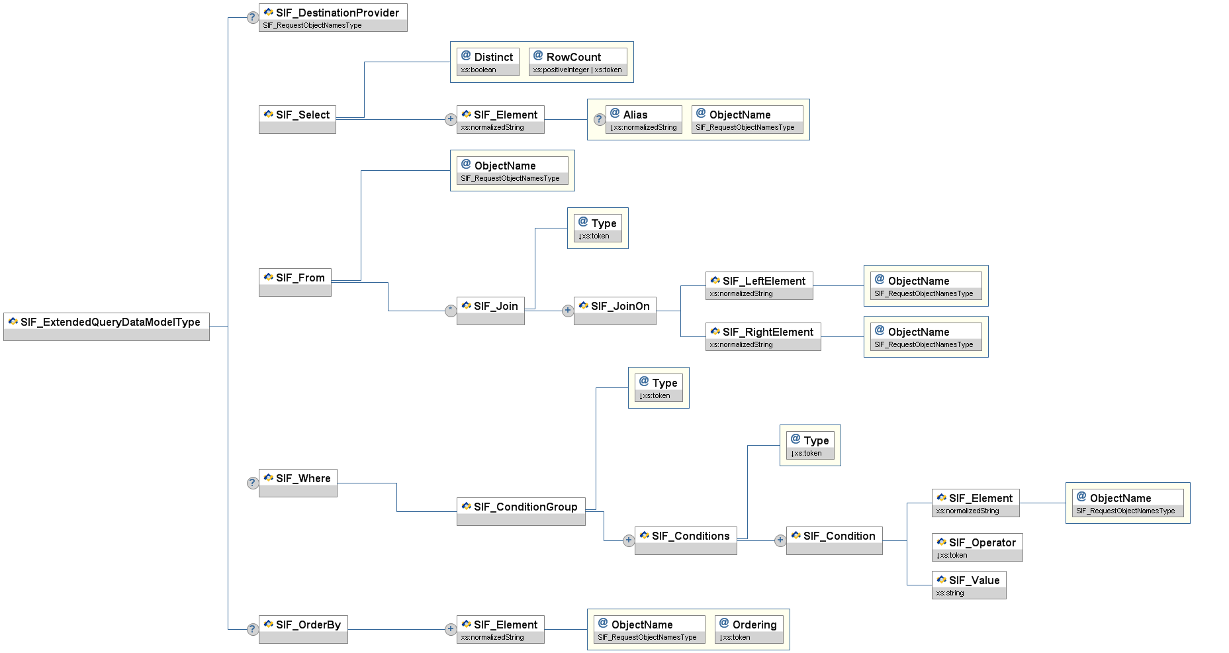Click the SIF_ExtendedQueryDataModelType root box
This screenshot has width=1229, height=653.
point(107,326)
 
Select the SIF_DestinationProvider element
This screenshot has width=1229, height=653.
point(333,17)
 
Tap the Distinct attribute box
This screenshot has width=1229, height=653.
point(488,62)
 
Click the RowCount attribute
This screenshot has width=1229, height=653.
point(578,62)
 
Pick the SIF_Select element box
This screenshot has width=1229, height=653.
point(297,119)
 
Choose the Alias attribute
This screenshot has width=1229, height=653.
point(644,119)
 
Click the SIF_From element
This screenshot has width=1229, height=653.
point(295,282)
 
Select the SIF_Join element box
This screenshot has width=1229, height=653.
point(490,311)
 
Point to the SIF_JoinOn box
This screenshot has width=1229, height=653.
point(615,311)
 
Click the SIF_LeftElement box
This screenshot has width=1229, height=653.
point(759,285)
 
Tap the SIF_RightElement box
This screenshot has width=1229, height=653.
point(763,336)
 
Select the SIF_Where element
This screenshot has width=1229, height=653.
point(298,483)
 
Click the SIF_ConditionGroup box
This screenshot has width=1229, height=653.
point(521,511)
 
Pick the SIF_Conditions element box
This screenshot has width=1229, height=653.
point(686,540)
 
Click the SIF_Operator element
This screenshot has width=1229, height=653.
point(977,547)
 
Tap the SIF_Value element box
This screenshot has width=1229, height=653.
point(969,585)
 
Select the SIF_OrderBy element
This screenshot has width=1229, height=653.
point(303,629)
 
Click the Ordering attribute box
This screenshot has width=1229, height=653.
point(749,629)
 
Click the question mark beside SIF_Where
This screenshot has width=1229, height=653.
point(252,483)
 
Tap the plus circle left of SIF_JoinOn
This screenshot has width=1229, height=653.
point(567,311)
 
